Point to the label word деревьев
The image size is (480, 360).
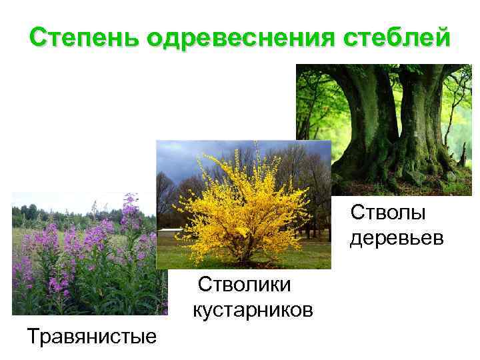[x=396, y=238]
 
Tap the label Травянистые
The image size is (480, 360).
[x=92, y=335]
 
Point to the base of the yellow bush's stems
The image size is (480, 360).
[x=247, y=256]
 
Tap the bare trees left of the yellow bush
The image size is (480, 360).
[x=167, y=200]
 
